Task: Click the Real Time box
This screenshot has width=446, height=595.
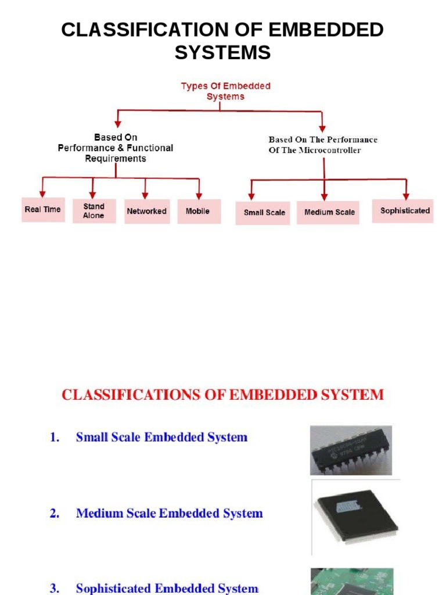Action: (42, 210)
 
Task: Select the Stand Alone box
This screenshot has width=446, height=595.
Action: (93, 211)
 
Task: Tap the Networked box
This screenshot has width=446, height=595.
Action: (146, 212)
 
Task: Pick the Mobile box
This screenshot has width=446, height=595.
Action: (197, 212)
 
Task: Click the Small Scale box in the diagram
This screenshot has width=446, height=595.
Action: (264, 213)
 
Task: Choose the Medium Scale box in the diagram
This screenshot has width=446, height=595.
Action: (329, 213)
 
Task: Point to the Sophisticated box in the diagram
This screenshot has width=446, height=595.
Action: (405, 210)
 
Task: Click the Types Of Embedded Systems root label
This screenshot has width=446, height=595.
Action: (225, 91)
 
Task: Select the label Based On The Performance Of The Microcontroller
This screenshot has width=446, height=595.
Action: (322, 145)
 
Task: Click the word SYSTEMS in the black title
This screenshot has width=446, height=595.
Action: (222, 53)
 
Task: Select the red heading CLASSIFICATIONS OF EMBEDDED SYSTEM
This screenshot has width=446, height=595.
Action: (222, 395)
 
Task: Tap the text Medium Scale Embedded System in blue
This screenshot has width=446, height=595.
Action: (169, 514)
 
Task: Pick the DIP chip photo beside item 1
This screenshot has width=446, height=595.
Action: (350, 450)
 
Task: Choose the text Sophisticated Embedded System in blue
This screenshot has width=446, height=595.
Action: (167, 589)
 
